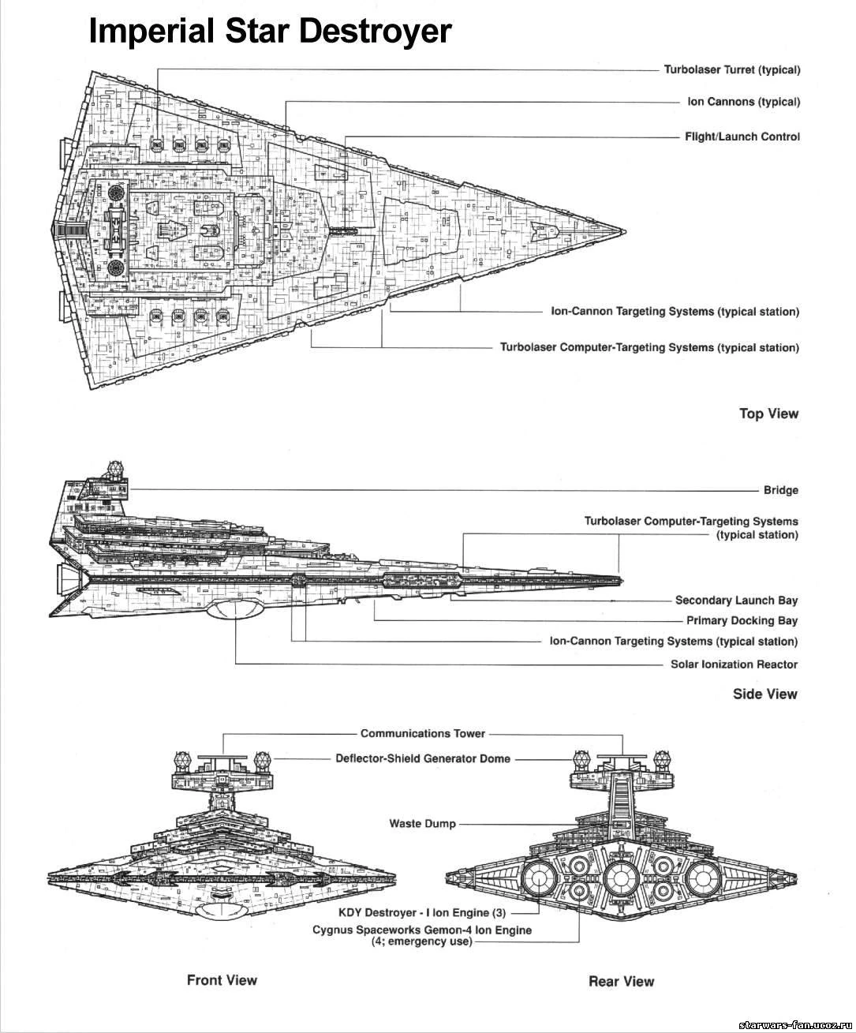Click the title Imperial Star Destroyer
point(270,31)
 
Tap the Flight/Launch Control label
point(742,137)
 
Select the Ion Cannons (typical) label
point(744,102)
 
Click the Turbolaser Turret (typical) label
point(732,69)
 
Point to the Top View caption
point(769,414)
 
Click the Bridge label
point(781,490)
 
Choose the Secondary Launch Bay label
point(736,600)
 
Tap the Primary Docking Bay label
point(742,620)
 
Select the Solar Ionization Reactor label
point(734,664)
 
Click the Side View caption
point(765,694)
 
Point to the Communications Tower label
point(423,733)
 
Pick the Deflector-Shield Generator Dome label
point(423,758)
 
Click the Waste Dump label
point(422,824)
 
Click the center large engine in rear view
point(619,878)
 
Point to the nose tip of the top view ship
point(626,231)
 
